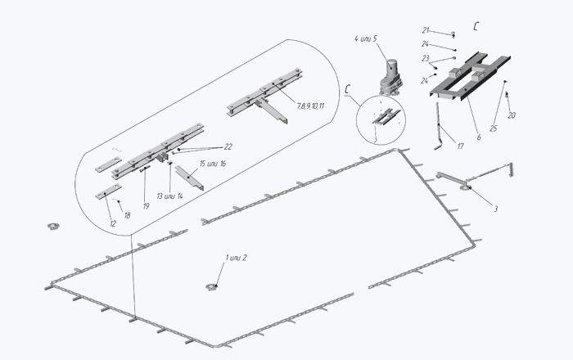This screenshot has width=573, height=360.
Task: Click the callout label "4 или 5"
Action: (x=365, y=38)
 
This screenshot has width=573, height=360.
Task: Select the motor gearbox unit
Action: (x=390, y=77)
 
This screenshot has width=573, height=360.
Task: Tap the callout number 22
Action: (x=228, y=146)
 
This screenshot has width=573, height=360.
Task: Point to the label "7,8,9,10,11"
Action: (x=310, y=106)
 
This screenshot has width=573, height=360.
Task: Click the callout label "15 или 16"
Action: (x=213, y=164)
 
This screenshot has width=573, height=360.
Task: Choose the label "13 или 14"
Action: (x=169, y=196)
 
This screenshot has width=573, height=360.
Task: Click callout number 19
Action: (x=147, y=206)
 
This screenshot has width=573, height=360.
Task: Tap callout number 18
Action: (x=127, y=215)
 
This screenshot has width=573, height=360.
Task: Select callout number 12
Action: (x=113, y=224)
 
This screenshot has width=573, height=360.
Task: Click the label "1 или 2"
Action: (x=236, y=258)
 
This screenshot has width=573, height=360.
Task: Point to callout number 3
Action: (x=495, y=209)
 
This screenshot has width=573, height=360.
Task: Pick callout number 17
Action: (x=460, y=146)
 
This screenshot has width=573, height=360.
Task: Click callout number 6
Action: (x=479, y=137)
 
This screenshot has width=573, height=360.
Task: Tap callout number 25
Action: (x=494, y=128)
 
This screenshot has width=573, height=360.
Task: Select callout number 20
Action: (x=512, y=115)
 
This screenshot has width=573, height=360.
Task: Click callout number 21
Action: (x=426, y=30)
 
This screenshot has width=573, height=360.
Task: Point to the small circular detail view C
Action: (x=381, y=120)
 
